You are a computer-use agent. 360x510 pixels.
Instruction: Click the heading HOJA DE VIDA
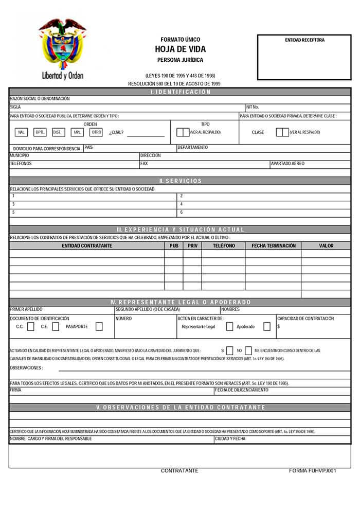click(180, 49)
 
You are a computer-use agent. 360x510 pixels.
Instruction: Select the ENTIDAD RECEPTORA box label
click(304, 40)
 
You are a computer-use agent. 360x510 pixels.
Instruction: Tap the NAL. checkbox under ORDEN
click(21, 132)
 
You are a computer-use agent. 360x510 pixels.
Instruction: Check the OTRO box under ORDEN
click(96, 132)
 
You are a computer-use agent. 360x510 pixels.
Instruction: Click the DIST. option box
click(57, 132)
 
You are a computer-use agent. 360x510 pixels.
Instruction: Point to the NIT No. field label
click(253, 108)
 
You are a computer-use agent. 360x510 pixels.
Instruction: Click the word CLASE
click(258, 132)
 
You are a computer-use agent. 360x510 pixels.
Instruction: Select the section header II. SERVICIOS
click(180, 181)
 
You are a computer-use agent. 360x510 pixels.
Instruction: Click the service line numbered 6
click(182, 212)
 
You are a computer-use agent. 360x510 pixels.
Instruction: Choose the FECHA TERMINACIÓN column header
click(273, 246)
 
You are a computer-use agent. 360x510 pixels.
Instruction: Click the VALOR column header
click(326, 246)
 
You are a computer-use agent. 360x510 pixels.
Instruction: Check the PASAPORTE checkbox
click(99, 326)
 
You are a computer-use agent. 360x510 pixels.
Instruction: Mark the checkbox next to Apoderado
click(267, 326)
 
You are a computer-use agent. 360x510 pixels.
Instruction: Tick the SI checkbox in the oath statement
click(230, 350)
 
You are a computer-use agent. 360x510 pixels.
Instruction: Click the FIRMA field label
click(15, 390)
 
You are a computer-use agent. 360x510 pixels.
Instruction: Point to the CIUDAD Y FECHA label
click(230, 439)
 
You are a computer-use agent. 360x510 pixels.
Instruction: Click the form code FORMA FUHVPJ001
click(312, 471)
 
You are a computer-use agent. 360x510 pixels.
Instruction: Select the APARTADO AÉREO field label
click(287, 164)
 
